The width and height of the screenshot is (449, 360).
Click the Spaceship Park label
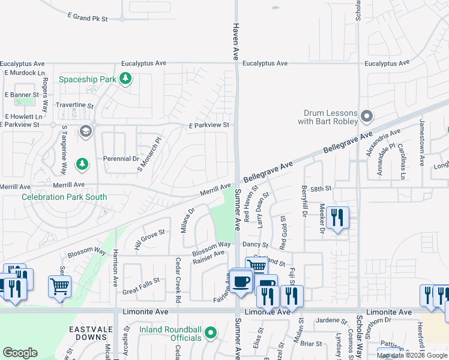(87, 79)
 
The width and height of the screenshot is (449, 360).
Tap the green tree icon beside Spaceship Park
(125, 79)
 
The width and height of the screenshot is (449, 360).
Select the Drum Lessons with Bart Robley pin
(368, 116)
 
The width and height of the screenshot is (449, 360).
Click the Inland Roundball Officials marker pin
(210, 332)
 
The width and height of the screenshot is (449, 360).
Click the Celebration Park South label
(64, 197)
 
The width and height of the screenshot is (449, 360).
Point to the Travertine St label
(74, 105)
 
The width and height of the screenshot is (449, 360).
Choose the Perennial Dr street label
(121, 159)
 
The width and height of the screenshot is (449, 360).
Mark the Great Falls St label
(140, 280)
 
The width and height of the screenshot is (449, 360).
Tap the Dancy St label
(255, 245)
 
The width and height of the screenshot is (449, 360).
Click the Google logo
(20, 352)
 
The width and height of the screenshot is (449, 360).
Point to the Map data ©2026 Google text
(411, 355)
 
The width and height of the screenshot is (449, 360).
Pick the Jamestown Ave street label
(422, 151)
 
